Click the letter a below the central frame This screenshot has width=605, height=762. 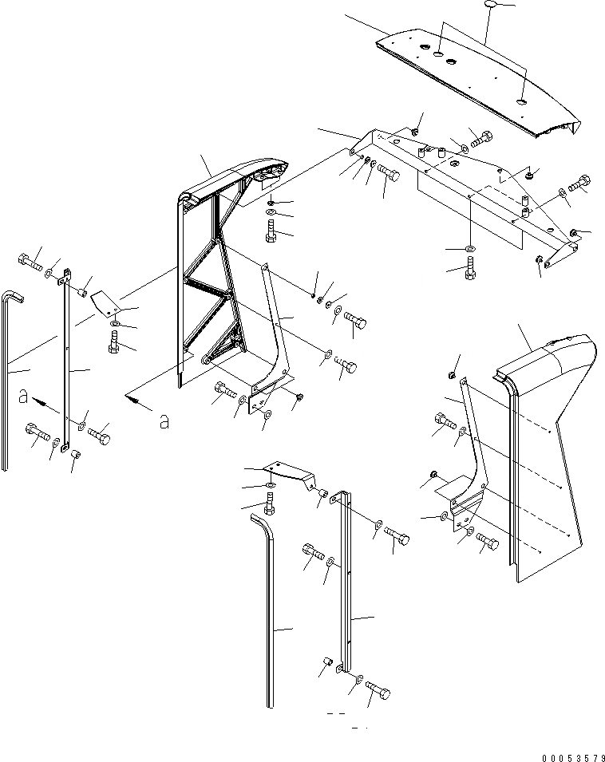(x=164, y=421)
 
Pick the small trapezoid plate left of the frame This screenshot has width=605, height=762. (x=103, y=303)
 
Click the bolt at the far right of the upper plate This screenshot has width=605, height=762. (x=579, y=183)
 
